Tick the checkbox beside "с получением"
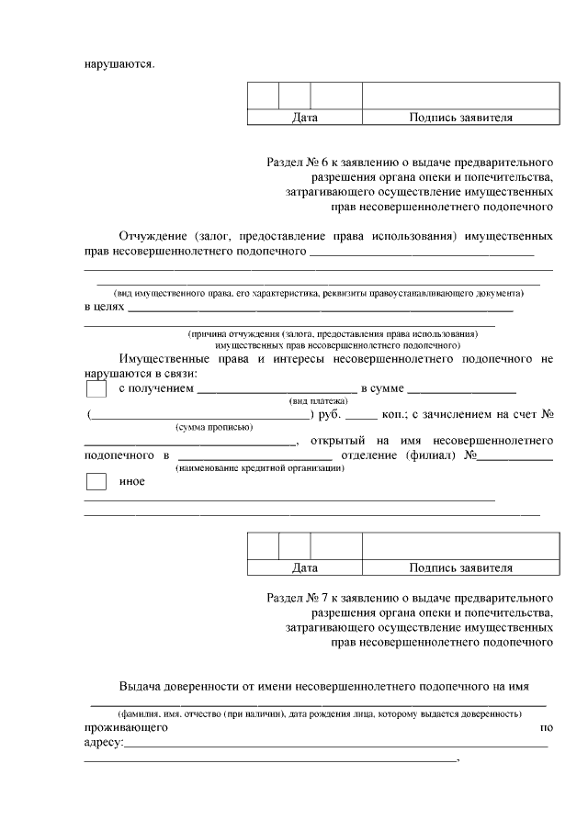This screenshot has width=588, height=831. [96, 389]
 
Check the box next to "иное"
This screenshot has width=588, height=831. [96, 482]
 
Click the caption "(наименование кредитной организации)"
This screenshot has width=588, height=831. [260, 468]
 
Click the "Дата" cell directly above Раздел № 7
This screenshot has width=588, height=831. [304, 567]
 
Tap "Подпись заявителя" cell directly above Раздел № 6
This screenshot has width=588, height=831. [460, 118]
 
